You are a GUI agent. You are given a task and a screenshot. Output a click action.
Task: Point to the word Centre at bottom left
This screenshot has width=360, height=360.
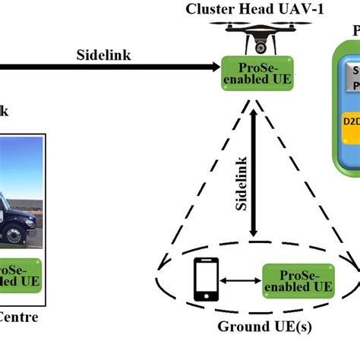coord(18,317)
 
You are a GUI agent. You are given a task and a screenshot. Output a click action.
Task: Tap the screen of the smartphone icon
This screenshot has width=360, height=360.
coord(206,277)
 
